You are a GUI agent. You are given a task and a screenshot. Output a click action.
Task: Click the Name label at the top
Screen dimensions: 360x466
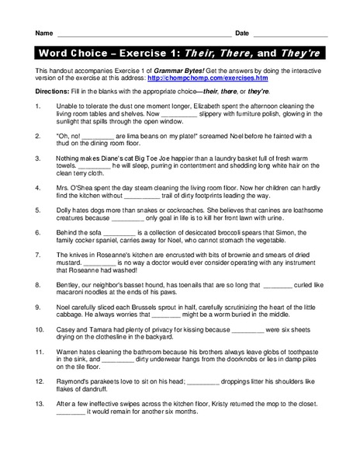coord(43,33)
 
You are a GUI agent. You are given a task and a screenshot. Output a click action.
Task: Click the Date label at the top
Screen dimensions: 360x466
coord(242,33)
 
